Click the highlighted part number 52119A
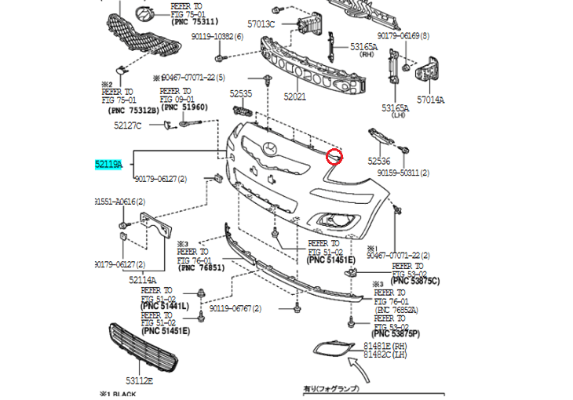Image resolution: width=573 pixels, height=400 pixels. [x=109, y=164]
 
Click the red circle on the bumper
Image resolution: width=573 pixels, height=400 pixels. [x=335, y=157]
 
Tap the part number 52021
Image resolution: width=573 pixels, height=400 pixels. [x=294, y=97]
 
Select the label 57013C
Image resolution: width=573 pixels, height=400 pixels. [x=261, y=24]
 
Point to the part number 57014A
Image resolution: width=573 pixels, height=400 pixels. [x=430, y=100]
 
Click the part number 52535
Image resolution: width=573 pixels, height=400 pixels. [x=241, y=93]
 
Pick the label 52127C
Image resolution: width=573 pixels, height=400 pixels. [x=127, y=125]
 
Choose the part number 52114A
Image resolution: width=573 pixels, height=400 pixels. [x=143, y=280]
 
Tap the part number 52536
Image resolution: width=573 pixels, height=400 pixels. [x=378, y=162]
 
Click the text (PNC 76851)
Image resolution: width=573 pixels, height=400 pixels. [x=202, y=267]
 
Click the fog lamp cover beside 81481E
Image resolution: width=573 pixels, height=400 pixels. [x=332, y=347]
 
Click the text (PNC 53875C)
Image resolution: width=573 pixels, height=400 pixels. [x=415, y=281]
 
